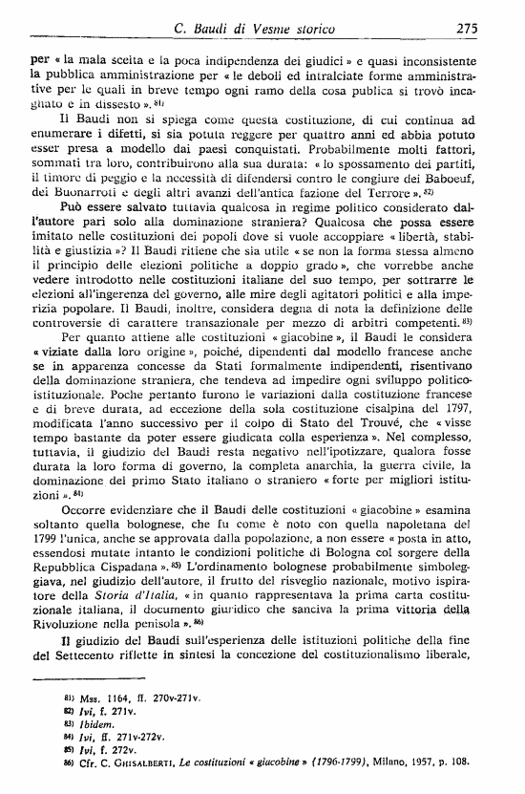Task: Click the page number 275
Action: click(467, 28)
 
